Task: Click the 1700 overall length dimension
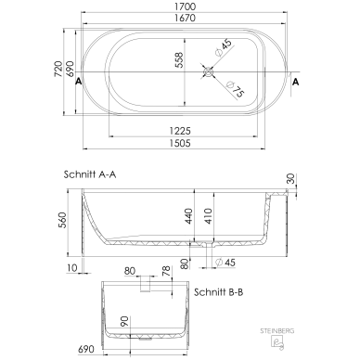185,6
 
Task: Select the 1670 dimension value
185,18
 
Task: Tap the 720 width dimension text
58,70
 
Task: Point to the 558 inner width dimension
179,60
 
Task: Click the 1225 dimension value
180,131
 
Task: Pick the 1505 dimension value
180,143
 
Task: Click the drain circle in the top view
208,72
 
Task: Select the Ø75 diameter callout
236,89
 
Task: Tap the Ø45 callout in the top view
224,47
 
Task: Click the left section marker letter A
79,82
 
